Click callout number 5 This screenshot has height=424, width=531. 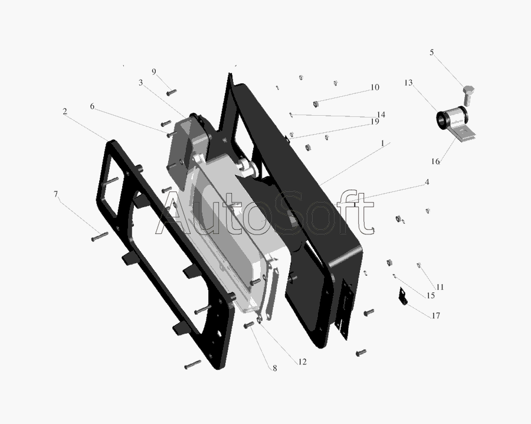(x=432, y=53)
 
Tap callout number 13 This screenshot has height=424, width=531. (x=408, y=83)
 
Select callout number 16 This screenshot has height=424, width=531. (x=435, y=161)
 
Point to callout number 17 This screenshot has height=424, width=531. (x=436, y=315)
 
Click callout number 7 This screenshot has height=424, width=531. (x=56, y=194)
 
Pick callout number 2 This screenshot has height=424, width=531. (x=65, y=112)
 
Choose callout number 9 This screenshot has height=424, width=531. (x=154, y=72)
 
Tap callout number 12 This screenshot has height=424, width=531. (x=303, y=361)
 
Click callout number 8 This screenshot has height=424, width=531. (x=274, y=368)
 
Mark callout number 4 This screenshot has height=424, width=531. (x=427, y=182)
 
